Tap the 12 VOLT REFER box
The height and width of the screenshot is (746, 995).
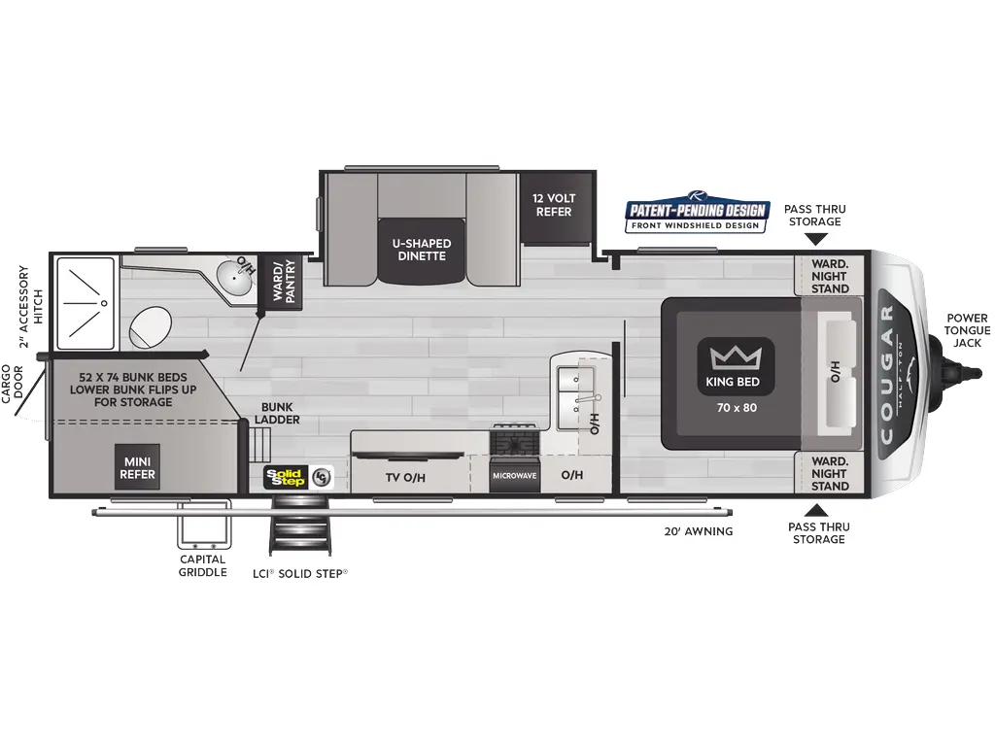pyautogui.click(x=554, y=206)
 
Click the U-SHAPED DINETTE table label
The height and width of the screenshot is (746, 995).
pyautogui.click(x=421, y=250)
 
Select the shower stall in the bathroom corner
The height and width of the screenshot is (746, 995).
pyautogui.click(x=86, y=302)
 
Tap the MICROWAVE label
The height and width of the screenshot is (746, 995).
pyautogui.click(x=514, y=476)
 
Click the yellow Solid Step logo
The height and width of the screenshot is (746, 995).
pyautogui.click(x=288, y=476)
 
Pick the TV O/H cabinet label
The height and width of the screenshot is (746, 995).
pyautogui.click(x=405, y=476)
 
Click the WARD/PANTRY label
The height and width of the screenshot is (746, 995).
pyautogui.click(x=283, y=281)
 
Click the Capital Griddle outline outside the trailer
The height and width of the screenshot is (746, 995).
pyautogui.click(x=203, y=528)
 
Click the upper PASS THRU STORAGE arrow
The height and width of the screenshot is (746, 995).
pyautogui.click(x=815, y=238)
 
